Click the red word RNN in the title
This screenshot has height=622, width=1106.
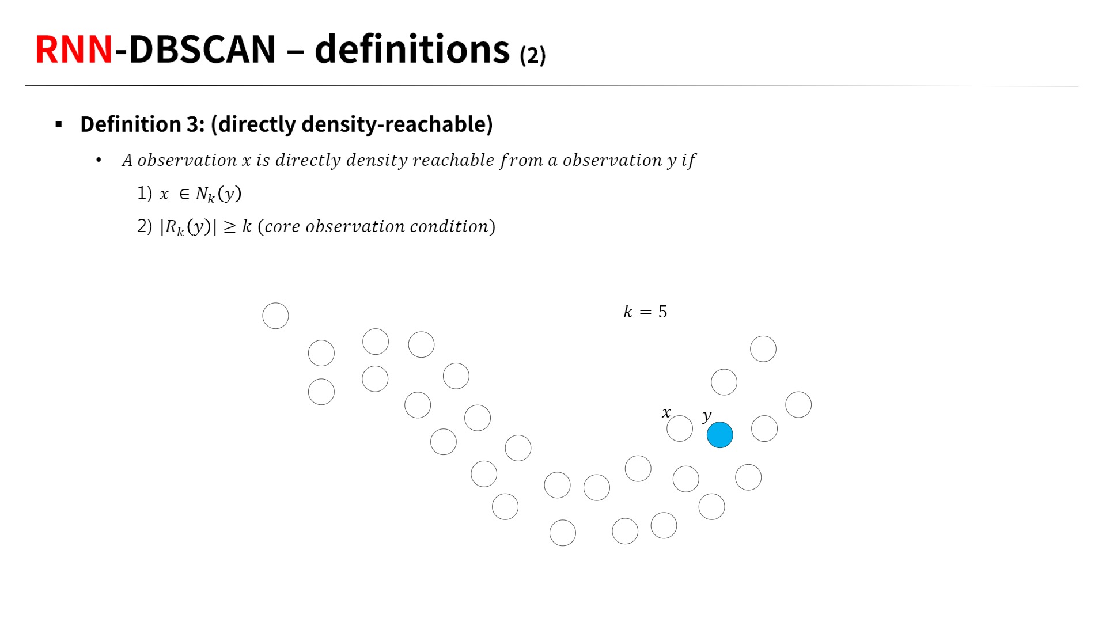click(74, 50)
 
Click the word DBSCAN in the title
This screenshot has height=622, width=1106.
click(202, 50)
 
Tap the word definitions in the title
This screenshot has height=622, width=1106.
click(412, 49)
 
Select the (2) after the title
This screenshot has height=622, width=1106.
click(533, 55)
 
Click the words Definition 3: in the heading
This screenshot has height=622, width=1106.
click(142, 124)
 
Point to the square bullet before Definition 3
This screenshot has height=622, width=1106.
click(59, 124)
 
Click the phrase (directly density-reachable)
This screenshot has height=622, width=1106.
click(352, 124)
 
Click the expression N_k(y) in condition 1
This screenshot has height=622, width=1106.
click(218, 194)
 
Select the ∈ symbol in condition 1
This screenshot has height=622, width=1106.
click(184, 194)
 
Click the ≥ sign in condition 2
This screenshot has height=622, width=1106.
click(230, 227)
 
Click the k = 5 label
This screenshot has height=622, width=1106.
click(645, 312)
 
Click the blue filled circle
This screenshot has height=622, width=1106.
click(719, 435)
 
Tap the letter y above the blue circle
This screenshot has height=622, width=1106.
click(707, 415)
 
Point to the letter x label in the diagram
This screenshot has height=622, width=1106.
click(666, 412)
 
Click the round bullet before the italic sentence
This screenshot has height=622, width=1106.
click(99, 160)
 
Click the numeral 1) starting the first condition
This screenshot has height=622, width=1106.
click(145, 194)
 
